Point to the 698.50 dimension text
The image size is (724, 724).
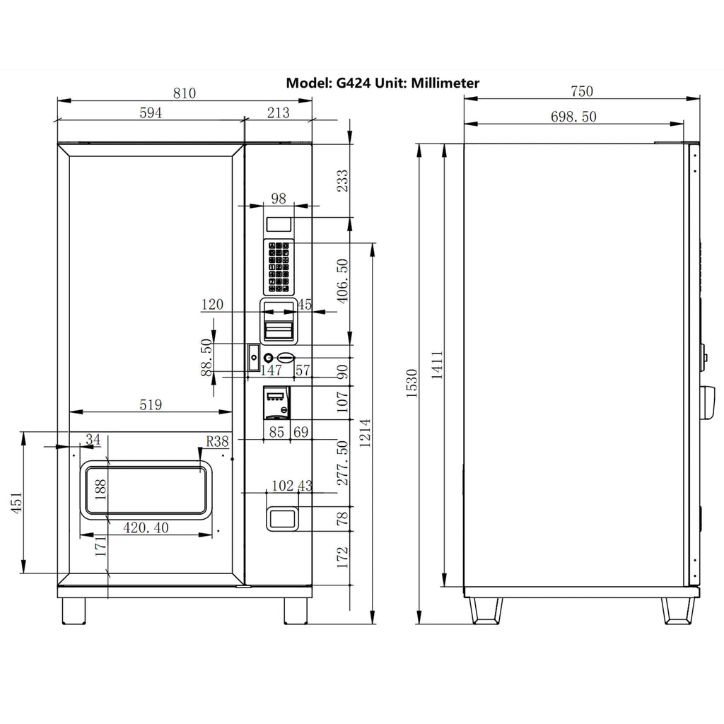click(x=573, y=117)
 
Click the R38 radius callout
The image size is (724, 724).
click(x=217, y=441)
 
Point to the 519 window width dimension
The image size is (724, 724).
click(x=150, y=404)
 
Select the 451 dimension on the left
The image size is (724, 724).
click(x=16, y=503)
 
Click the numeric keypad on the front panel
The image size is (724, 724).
click(x=279, y=267)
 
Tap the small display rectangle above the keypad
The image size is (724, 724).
click(x=279, y=225)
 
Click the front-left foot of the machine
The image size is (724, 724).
click(x=74, y=610)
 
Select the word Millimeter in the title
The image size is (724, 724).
click(x=441, y=83)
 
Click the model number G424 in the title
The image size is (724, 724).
click(x=352, y=83)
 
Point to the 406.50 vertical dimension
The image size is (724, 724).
click(x=342, y=281)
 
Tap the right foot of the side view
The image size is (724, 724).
click(x=675, y=610)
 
